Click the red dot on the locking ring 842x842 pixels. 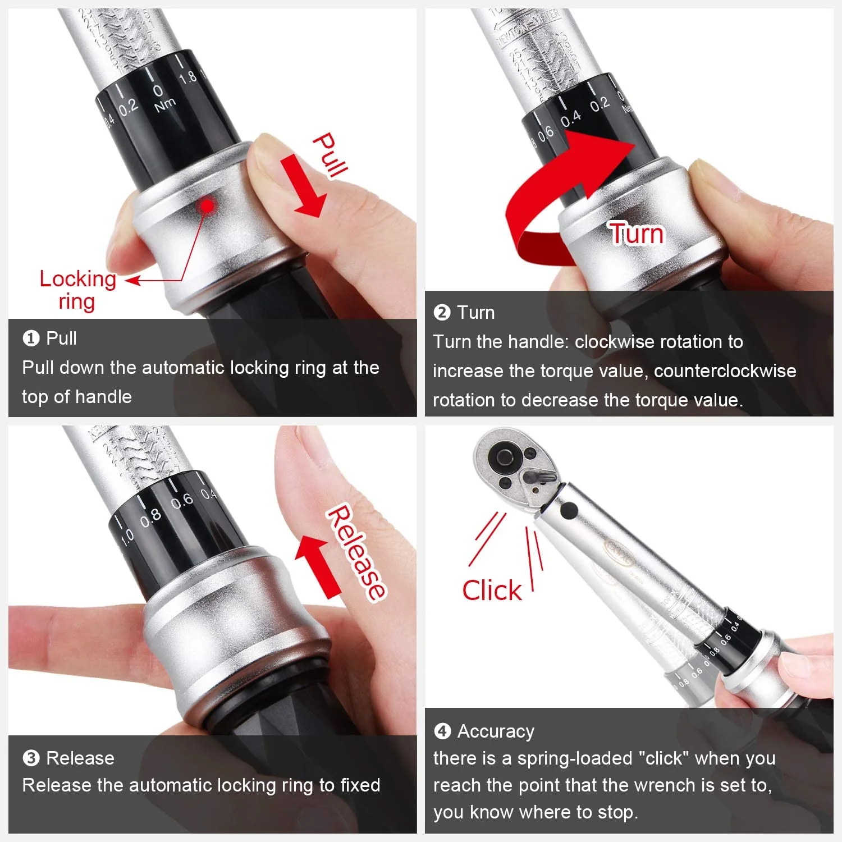pyautogui.click(x=208, y=206)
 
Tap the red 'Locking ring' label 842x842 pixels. pyautogui.click(x=77, y=290)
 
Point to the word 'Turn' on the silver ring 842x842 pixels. pyautogui.click(x=637, y=234)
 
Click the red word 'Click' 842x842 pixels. pyautogui.click(x=492, y=591)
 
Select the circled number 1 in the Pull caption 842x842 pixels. pyautogui.click(x=31, y=338)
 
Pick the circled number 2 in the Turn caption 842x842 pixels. pyautogui.click(x=442, y=313)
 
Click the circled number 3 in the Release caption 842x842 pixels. pyautogui.click(x=31, y=758)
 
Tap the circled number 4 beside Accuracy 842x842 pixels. pyautogui.click(x=442, y=731)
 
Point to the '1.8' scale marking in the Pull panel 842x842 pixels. pyautogui.click(x=188, y=77)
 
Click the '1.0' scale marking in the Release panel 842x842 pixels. pyautogui.click(x=127, y=536)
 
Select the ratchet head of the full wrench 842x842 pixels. pyautogui.click(x=508, y=463)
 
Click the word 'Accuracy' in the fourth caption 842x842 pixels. pyautogui.click(x=496, y=731)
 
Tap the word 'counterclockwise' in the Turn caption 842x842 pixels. pyautogui.click(x=725, y=371)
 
